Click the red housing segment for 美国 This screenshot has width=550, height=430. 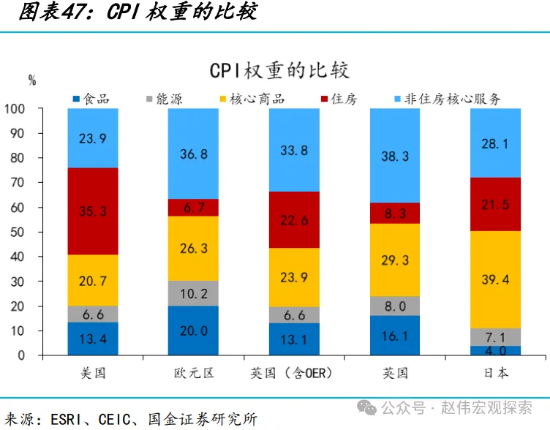pyautogui.click(x=93, y=211)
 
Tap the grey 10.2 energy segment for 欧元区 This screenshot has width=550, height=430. pyautogui.click(x=193, y=293)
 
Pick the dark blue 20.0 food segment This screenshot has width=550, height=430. pyautogui.click(x=193, y=331)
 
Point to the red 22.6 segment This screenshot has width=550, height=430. pyautogui.click(x=294, y=219)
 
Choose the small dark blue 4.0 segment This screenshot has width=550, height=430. pyautogui.click(x=496, y=350)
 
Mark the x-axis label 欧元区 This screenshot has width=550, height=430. pyautogui.click(x=193, y=373)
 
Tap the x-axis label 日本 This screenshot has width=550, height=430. pyautogui.click(x=496, y=373)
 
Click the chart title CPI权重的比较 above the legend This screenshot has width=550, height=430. pyautogui.click(x=279, y=70)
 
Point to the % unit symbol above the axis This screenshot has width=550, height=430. pyautogui.click(x=32, y=81)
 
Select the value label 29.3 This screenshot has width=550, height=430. pyautogui.click(x=395, y=260)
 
